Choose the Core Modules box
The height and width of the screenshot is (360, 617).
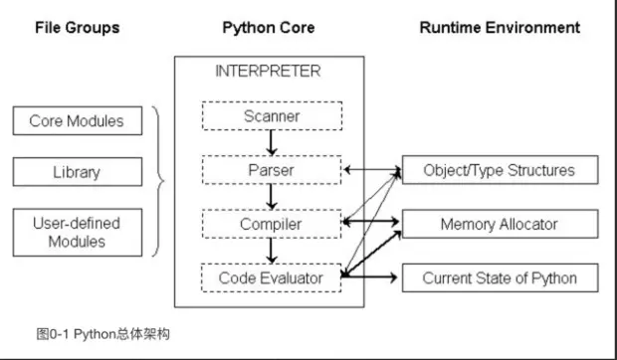pos(77,121)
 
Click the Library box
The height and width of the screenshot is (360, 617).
pos(77,172)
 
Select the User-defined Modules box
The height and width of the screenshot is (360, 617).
pos(77,232)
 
